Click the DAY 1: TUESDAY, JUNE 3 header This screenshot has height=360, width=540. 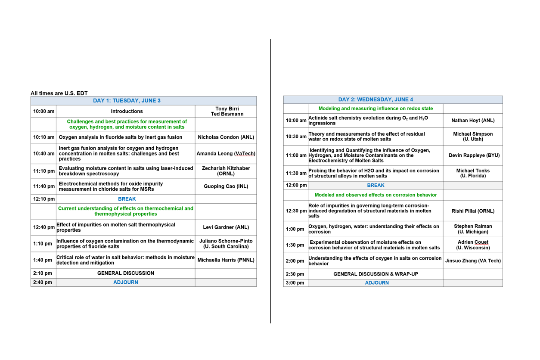point(127,101)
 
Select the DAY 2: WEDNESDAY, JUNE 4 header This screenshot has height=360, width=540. point(376,99)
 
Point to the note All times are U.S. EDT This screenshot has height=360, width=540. point(59,93)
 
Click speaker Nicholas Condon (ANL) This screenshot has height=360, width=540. point(226,137)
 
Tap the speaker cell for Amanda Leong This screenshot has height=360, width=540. point(226,154)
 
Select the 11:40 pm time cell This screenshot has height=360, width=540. point(43,186)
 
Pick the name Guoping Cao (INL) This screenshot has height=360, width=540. point(226,186)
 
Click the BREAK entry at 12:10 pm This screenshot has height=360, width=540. point(127,199)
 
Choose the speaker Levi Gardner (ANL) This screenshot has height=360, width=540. point(226,227)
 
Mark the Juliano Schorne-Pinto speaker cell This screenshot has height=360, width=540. point(226,244)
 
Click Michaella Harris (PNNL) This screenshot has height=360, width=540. point(226,260)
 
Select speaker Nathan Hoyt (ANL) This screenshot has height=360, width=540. point(473,121)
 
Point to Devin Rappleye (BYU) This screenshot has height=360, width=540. point(473,155)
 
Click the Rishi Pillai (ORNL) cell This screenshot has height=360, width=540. point(473,211)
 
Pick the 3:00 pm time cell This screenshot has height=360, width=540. point(295,283)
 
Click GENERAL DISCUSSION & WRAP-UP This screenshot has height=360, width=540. point(376,274)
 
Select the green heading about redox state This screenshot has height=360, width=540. point(376,109)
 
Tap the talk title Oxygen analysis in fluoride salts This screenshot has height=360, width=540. point(121,137)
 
